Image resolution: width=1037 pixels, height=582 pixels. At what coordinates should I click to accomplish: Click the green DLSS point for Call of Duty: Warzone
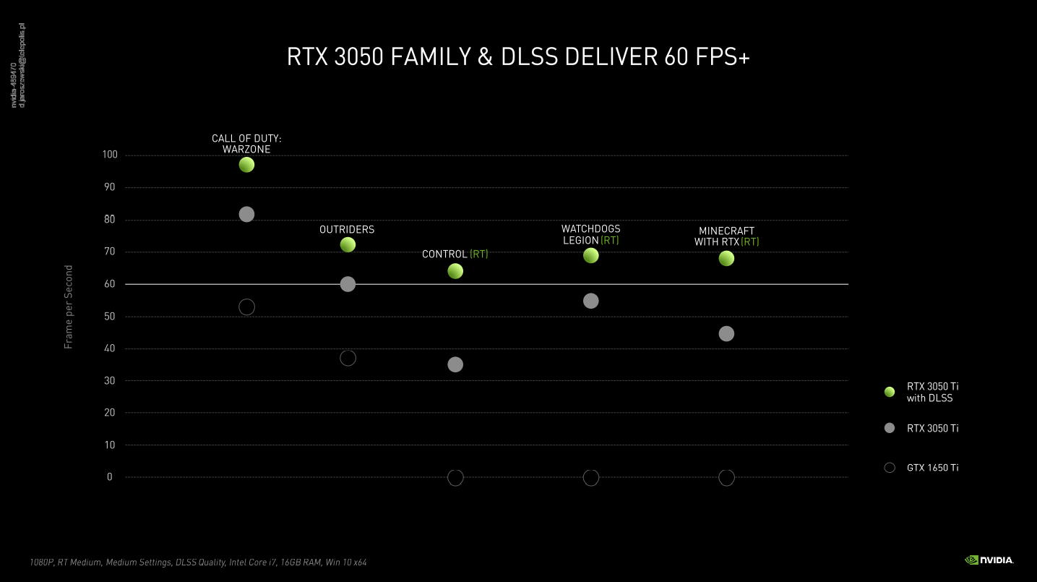point(246,165)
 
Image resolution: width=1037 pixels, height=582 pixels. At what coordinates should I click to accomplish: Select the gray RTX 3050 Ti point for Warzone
point(246,214)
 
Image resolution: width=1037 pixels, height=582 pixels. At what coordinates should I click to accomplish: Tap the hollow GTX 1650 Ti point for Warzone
point(246,307)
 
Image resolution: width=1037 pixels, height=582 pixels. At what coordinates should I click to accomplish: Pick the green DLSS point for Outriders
point(348,245)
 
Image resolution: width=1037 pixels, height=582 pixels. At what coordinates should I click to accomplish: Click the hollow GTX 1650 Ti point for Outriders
point(348,358)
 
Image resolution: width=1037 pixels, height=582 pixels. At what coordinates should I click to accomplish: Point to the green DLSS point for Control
point(455,271)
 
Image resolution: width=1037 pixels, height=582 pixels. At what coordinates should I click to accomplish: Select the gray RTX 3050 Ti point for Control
point(455,364)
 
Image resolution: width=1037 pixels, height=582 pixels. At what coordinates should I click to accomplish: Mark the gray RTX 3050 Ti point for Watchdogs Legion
point(590,301)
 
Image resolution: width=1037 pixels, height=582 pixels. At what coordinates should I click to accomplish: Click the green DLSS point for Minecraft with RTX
point(726,258)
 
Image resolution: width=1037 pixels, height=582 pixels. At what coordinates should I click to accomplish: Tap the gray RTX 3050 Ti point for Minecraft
point(726,333)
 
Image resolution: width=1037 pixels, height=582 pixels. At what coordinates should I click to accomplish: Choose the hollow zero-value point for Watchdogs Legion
point(590,477)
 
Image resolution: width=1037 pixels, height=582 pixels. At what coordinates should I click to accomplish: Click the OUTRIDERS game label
point(347,230)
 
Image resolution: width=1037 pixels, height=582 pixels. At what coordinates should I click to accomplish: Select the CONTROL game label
point(444,254)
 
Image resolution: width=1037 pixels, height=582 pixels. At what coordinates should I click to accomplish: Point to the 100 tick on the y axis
point(110,155)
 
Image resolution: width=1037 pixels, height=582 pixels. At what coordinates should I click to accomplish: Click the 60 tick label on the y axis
point(110,284)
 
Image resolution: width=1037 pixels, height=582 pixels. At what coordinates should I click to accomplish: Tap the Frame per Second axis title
point(69,307)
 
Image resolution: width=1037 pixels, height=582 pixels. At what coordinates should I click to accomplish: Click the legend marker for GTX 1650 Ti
point(890,468)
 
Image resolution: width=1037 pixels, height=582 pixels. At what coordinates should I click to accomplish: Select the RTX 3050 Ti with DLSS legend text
point(932,392)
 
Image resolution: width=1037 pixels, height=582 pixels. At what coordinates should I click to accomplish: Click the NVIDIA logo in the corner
point(989,560)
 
